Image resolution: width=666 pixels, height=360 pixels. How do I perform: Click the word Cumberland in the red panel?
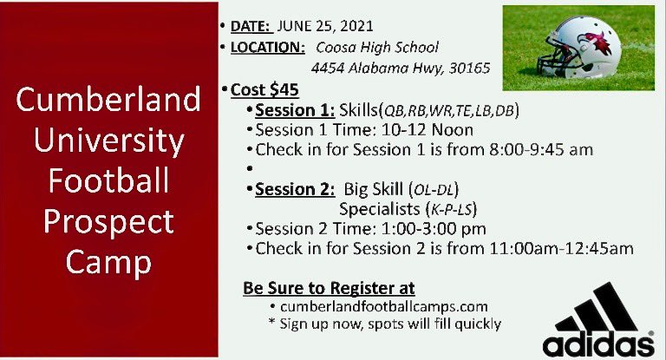[108, 100]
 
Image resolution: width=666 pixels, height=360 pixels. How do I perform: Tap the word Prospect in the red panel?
[108, 222]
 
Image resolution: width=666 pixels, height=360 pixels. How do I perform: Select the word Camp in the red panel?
[108, 261]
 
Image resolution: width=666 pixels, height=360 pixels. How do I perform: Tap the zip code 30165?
[467, 68]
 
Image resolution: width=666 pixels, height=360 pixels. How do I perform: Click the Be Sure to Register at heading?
[329, 287]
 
